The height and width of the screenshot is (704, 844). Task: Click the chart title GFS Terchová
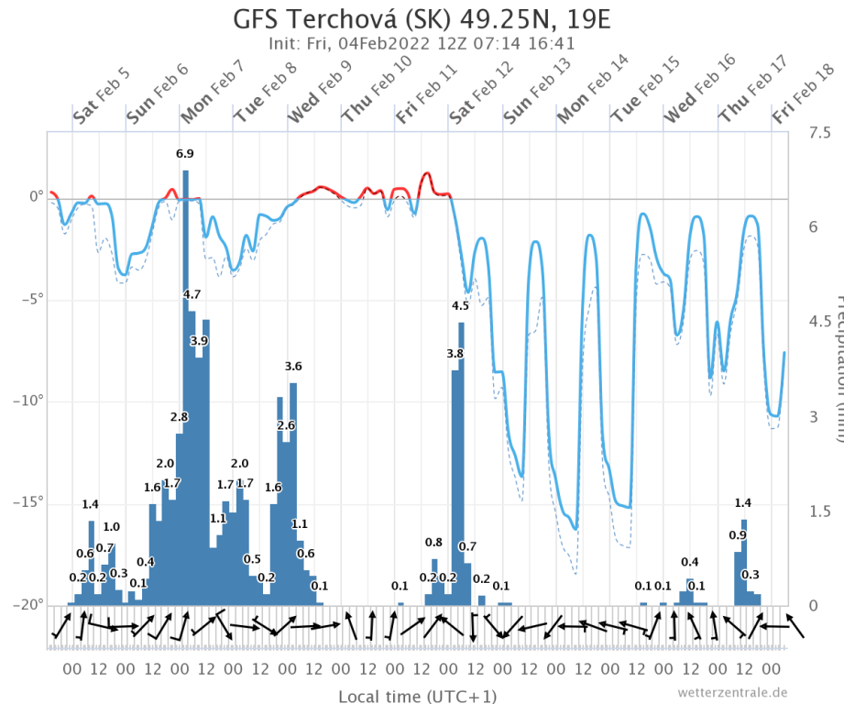tap(422, 18)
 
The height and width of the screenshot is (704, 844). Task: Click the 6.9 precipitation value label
tap(185, 154)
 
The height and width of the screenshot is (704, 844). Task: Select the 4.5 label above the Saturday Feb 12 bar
tap(460, 306)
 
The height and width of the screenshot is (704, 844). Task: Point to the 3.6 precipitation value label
tap(293, 367)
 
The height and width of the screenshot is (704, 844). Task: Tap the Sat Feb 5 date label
tap(101, 112)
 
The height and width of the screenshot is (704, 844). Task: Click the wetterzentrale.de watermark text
tap(732, 692)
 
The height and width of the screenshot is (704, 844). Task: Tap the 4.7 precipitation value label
tap(192, 294)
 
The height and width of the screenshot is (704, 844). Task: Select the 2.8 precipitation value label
tap(179, 417)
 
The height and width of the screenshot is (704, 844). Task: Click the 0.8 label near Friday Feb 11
tap(433, 543)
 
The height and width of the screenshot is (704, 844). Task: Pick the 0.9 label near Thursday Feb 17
tap(738, 535)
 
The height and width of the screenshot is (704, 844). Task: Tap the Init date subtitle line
tap(422, 43)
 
